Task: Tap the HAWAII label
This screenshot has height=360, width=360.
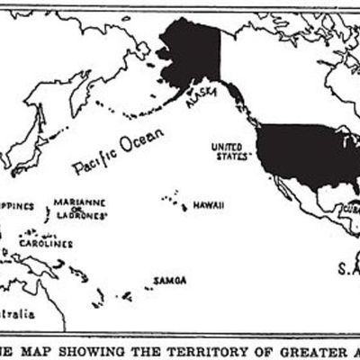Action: pos(208,205)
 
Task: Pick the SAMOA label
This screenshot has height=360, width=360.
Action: pos(170,280)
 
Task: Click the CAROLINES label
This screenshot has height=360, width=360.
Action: pos(49,243)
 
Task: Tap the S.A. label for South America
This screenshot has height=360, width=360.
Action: pos(348,268)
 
